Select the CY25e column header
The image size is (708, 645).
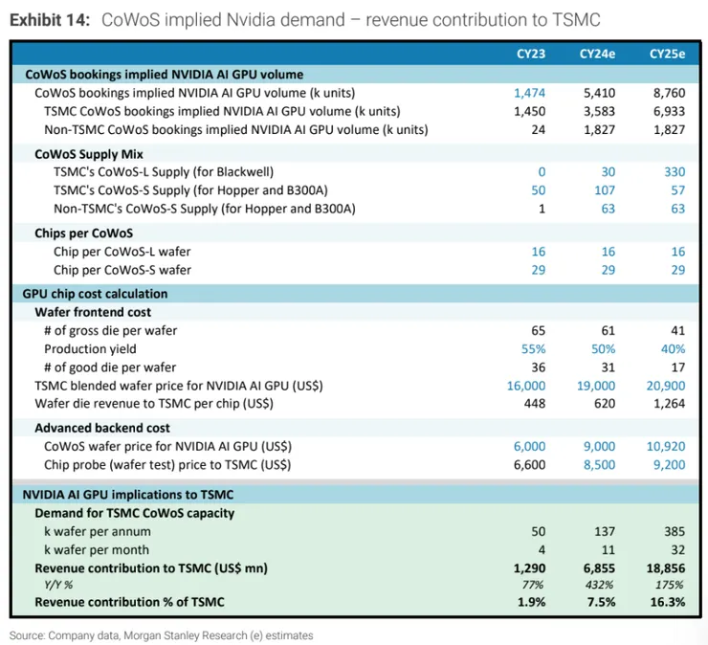tap(667, 54)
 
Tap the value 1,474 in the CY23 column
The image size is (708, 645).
tap(529, 93)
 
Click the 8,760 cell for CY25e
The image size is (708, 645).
tap(666, 93)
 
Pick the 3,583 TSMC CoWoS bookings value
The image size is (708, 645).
tap(597, 111)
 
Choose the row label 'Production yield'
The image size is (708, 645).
tap(90, 348)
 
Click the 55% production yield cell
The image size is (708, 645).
tap(532, 348)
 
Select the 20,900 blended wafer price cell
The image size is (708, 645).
tap(662, 385)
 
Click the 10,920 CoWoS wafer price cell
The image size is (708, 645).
tap(662, 446)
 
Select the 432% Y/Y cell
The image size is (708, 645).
tap(601, 584)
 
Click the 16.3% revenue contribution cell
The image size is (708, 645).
tap(666, 602)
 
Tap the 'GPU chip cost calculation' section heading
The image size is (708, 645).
tap(95, 294)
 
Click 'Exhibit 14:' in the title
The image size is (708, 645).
tap(50, 19)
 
